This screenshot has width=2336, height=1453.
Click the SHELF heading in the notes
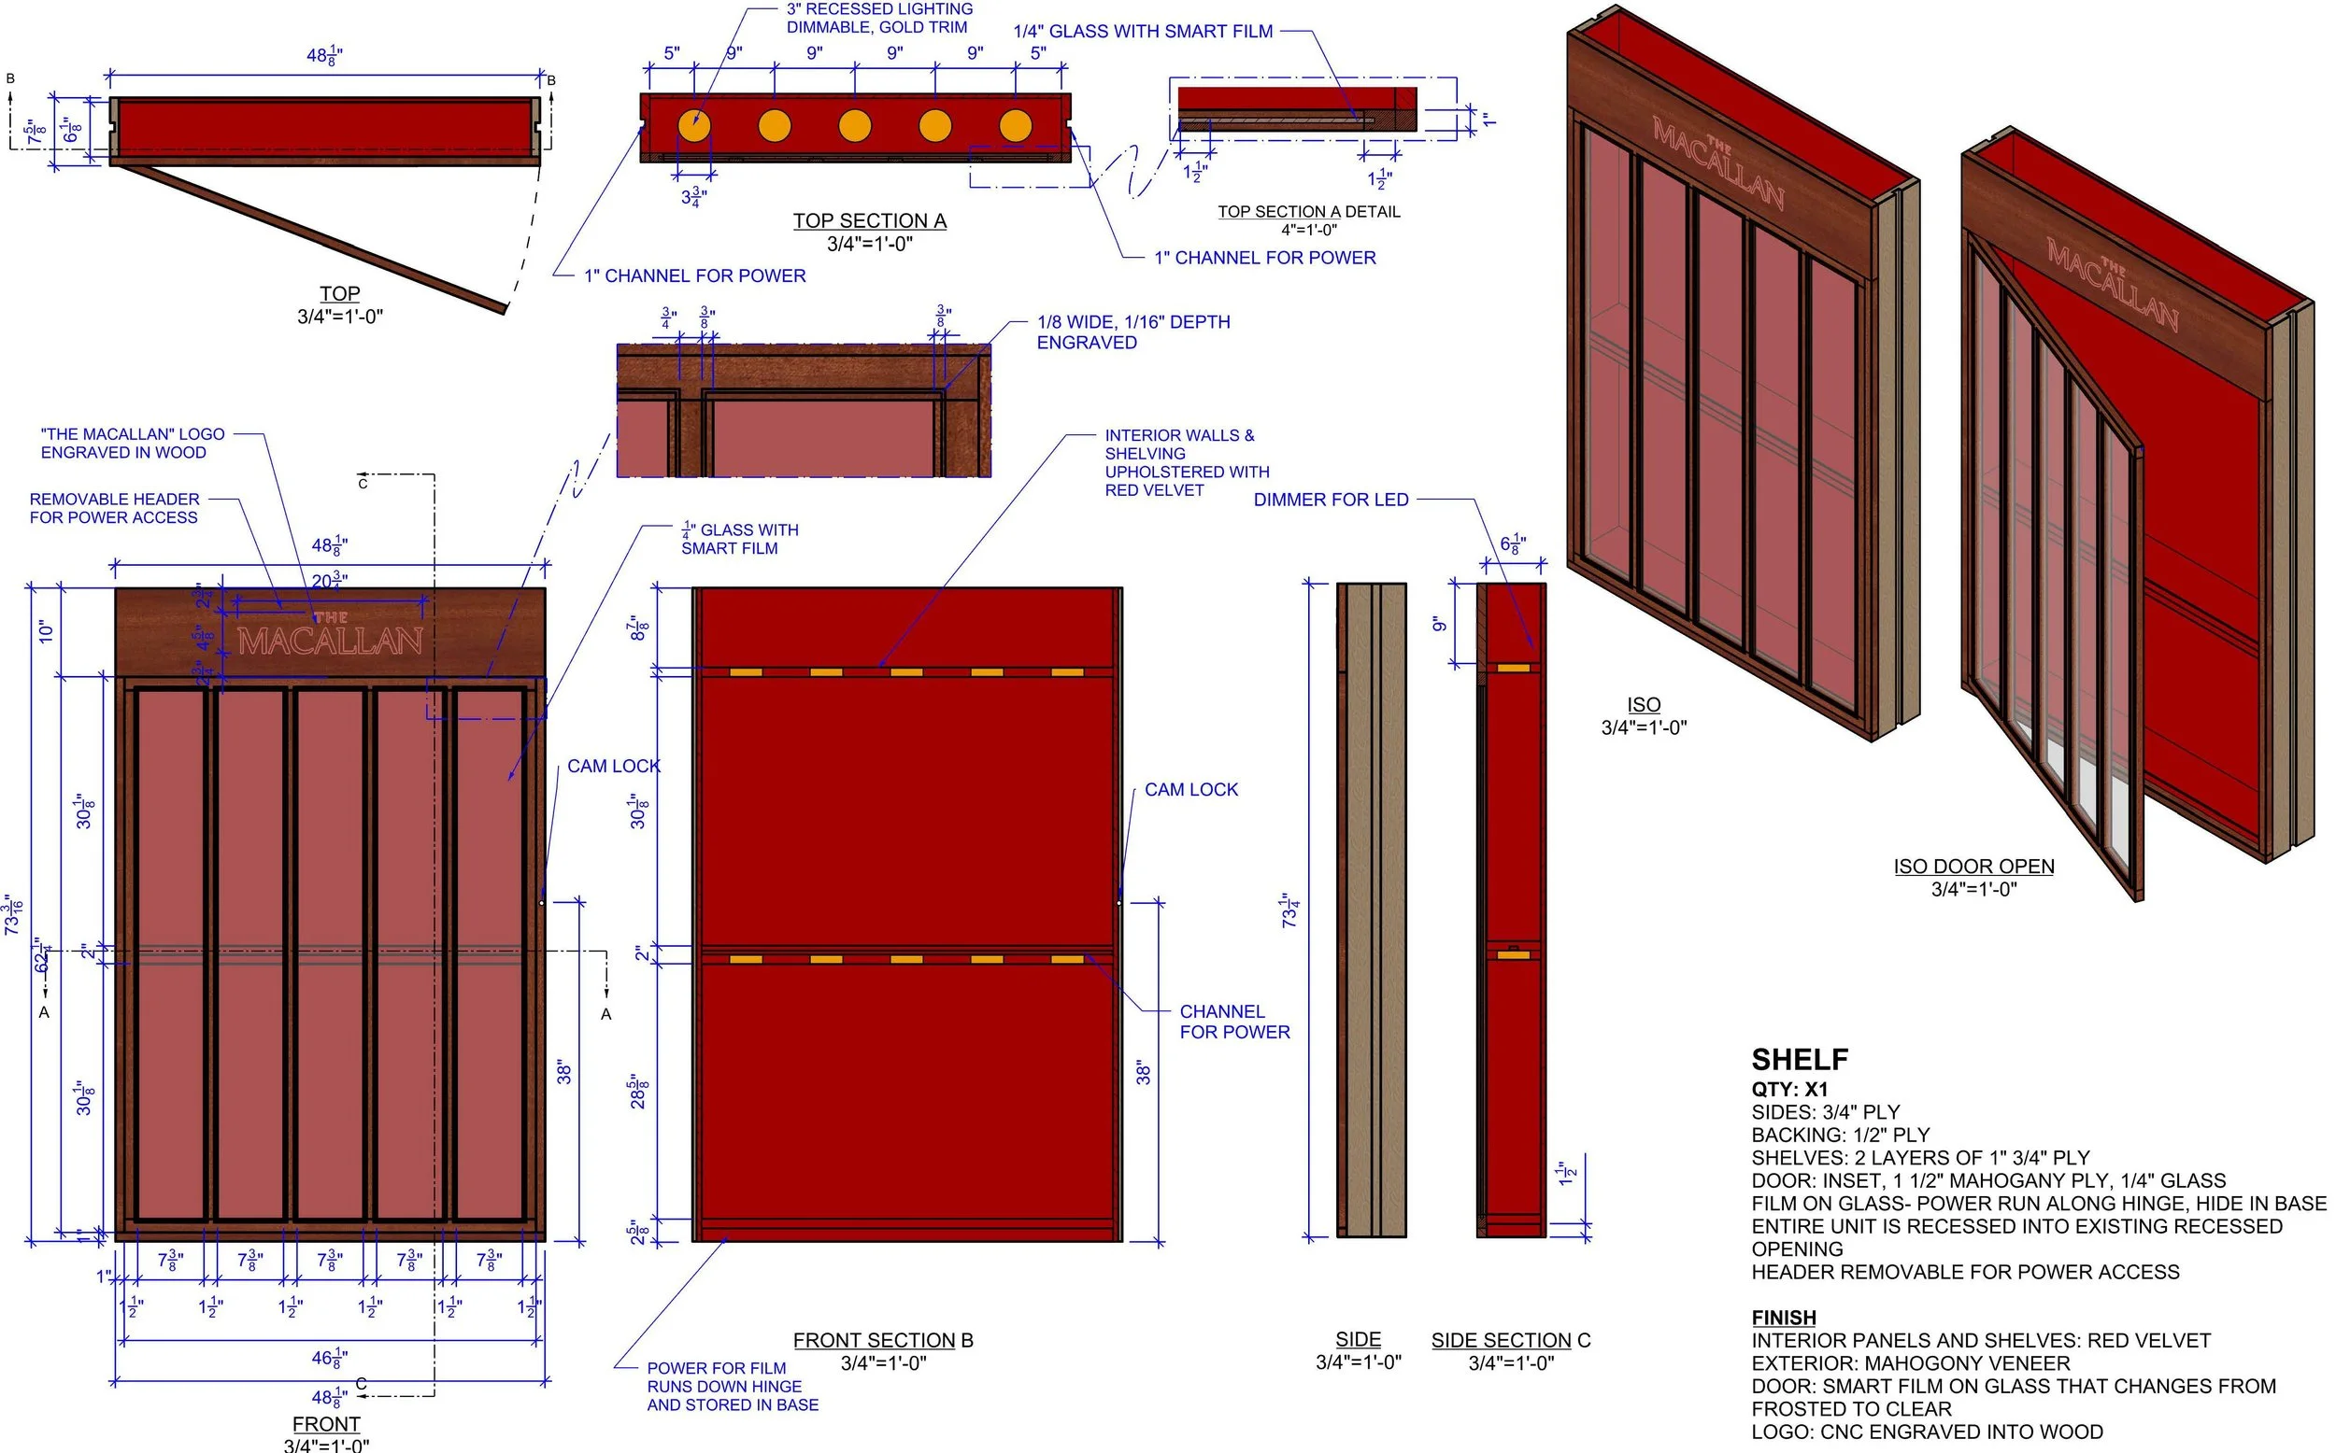click(1799, 1060)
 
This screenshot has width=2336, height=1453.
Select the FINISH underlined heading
click(1783, 1318)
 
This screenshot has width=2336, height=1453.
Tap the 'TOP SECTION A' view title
click(869, 221)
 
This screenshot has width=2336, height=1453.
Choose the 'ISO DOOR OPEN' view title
click(1973, 866)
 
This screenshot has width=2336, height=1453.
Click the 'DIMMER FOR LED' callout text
click(1331, 500)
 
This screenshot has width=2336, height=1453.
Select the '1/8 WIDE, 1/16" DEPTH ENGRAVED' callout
click(1132, 332)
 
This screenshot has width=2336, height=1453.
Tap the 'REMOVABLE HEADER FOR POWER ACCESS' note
click(114, 508)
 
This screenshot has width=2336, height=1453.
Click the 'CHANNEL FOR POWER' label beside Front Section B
click(1234, 1022)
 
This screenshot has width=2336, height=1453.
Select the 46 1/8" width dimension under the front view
click(329, 1358)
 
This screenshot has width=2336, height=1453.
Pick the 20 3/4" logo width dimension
click(329, 580)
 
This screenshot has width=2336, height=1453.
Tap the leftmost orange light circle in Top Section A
click(693, 126)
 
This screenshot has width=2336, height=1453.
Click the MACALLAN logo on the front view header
click(330, 637)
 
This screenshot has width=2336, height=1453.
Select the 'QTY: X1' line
click(1789, 1089)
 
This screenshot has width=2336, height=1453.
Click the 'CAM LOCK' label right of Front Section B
click(1190, 790)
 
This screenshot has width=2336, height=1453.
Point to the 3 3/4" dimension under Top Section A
click(694, 197)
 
